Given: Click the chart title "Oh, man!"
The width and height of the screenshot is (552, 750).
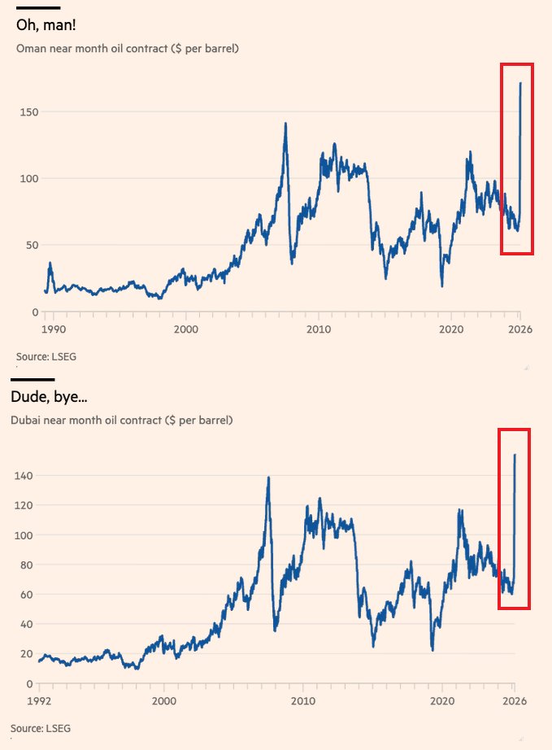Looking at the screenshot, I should click(x=46, y=26).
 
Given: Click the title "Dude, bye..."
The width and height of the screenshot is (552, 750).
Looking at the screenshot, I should click(x=50, y=398).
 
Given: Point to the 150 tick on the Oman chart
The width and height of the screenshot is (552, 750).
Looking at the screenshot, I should click(x=28, y=111).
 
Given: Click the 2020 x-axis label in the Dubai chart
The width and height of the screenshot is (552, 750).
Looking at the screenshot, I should click(x=442, y=700).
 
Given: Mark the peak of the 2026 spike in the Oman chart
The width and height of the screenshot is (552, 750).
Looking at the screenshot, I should click(x=520, y=83).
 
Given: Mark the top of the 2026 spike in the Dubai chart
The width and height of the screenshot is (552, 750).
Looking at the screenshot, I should click(x=515, y=455).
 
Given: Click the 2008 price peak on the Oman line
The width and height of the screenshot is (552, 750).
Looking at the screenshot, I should click(x=285, y=124).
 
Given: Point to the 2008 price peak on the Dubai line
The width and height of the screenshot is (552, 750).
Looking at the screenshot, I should click(x=268, y=477).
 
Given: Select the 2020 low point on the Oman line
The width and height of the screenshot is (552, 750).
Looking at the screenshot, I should click(x=442, y=286).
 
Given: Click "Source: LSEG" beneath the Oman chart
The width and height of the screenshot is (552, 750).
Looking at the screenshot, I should click(x=46, y=356).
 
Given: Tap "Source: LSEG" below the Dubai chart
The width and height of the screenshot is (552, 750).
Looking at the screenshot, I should click(x=46, y=727).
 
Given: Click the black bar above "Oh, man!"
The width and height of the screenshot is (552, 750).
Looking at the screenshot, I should click(x=38, y=8).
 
